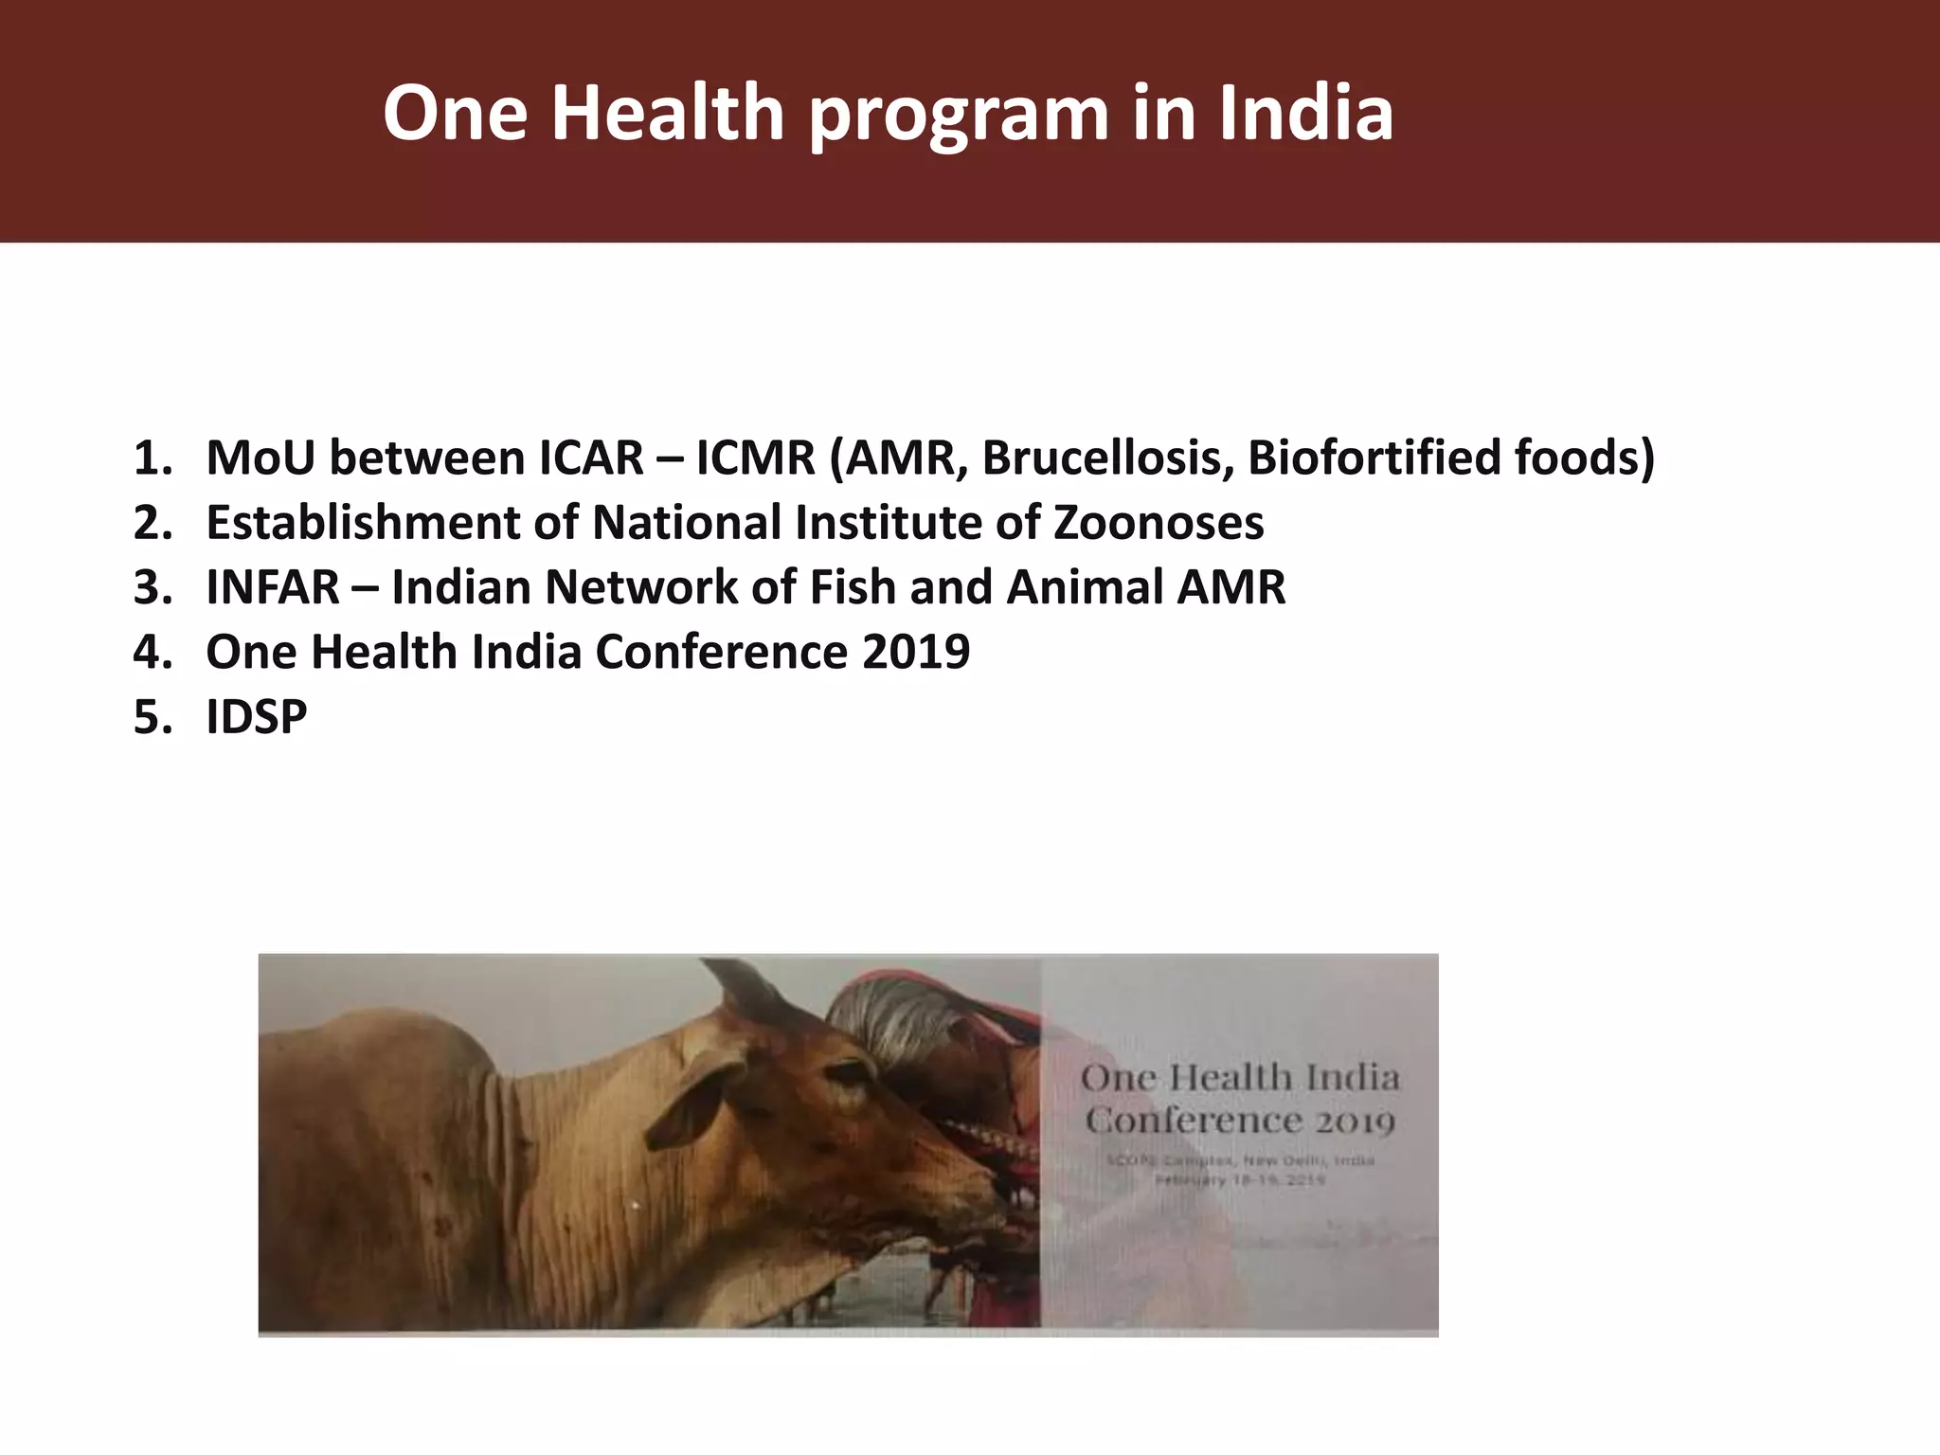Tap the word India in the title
(x=1306, y=114)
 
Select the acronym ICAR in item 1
(x=591, y=458)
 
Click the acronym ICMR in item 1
(x=755, y=458)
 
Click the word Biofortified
(x=1372, y=458)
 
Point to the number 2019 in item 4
(x=916, y=652)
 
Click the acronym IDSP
(x=257, y=716)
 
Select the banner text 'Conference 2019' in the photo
(x=1240, y=1122)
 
